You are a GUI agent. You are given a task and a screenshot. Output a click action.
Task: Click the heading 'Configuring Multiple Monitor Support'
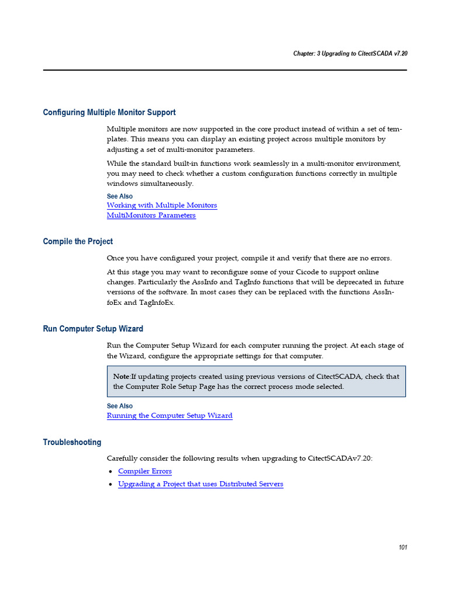click(x=109, y=112)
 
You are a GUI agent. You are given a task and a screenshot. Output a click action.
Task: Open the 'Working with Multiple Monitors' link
click(x=161, y=206)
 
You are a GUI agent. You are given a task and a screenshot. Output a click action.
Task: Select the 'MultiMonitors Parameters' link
click(x=151, y=215)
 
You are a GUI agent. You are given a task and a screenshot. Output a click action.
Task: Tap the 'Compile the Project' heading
click(x=78, y=241)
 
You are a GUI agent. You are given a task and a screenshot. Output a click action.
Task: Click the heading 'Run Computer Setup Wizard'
click(x=93, y=329)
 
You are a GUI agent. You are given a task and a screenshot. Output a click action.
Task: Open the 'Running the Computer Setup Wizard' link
click(x=170, y=416)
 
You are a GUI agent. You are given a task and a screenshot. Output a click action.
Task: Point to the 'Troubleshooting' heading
click(x=72, y=442)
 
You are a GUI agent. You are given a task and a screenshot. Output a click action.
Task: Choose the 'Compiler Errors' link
click(x=144, y=471)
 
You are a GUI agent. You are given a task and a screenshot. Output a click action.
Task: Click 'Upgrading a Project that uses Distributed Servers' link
click(x=200, y=484)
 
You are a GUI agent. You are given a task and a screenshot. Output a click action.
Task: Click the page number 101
click(x=402, y=547)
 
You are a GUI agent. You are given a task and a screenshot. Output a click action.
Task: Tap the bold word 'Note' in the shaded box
click(x=121, y=377)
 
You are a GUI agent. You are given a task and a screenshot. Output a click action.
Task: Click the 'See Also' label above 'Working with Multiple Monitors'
click(x=119, y=196)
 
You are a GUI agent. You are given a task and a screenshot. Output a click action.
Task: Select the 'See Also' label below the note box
click(x=119, y=406)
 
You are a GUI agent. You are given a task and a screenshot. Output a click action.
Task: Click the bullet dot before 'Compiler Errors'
click(x=110, y=472)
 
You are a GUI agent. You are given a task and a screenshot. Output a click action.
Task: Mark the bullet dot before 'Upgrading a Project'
click(x=110, y=485)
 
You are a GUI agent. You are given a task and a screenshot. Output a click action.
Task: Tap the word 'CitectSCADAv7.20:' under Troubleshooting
click(x=340, y=458)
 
